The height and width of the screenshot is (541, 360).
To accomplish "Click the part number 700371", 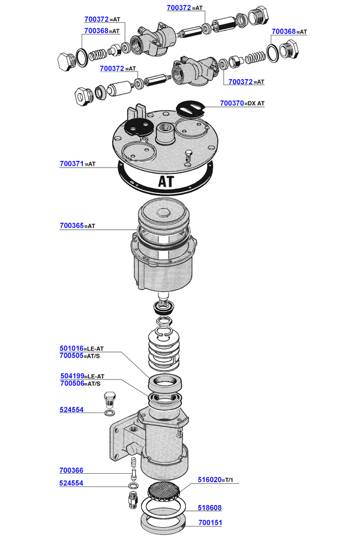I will (72, 163).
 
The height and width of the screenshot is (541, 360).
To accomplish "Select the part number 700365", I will (72, 226).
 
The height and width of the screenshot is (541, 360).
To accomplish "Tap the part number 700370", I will (232, 103).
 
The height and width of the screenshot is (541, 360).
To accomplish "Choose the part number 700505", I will (72, 355).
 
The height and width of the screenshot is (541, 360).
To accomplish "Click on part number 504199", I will (72, 376).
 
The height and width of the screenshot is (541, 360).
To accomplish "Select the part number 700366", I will (71, 471).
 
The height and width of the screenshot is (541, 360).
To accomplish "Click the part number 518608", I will (209, 507).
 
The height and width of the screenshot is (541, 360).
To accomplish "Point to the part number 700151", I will (209, 522).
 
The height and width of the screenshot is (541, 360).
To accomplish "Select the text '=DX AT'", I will (255, 104).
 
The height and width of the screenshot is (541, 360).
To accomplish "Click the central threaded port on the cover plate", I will (164, 129).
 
